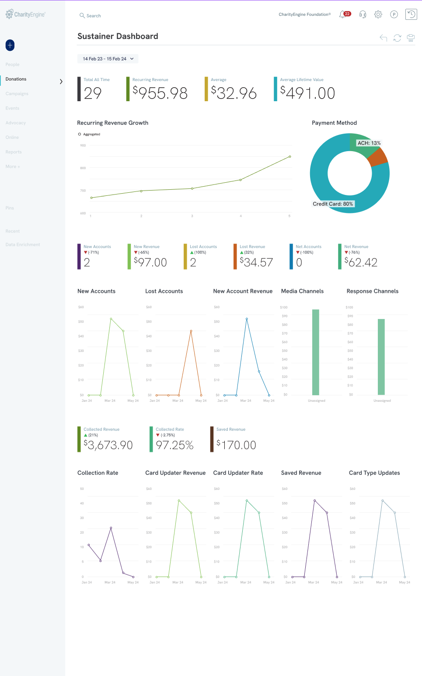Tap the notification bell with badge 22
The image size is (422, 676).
tap(343, 14)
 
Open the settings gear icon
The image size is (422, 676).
tap(378, 14)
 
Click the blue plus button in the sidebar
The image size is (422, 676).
tap(10, 45)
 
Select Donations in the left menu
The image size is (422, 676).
tap(16, 79)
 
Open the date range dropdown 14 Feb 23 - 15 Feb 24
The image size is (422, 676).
tap(108, 59)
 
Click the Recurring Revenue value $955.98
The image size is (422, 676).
tap(160, 93)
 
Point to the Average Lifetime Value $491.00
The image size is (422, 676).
tap(308, 93)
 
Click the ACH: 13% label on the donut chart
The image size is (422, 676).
tap(369, 143)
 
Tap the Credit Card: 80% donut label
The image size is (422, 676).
tap(333, 204)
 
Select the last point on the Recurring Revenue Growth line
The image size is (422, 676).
tap(290, 156)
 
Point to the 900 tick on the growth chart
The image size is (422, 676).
tap(83, 145)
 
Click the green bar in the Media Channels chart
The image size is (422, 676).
tap(315, 352)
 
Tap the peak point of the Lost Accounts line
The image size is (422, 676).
tap(191, 331)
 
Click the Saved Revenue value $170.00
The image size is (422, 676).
tap(237, 445)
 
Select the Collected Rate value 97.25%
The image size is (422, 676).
tap(174, 445)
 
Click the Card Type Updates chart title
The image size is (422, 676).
tap(374, 473)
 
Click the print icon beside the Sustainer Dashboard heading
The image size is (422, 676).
tap(411, 38)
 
